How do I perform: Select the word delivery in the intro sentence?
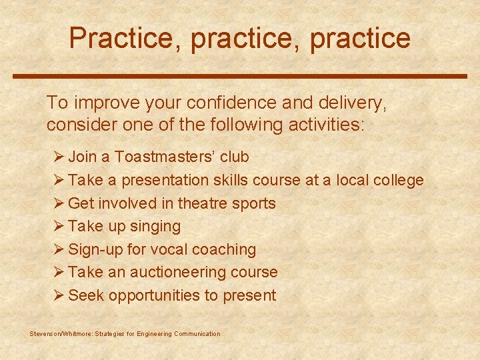349,103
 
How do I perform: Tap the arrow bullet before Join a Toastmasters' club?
58,157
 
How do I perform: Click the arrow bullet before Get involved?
58,203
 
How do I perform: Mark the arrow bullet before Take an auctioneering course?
58,272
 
